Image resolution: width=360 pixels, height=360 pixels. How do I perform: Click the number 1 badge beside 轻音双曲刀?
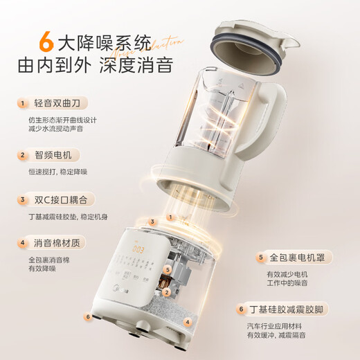[21, 103]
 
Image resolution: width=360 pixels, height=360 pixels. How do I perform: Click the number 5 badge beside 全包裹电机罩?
[261, 258]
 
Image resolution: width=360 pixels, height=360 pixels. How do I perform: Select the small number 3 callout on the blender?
[152, 222]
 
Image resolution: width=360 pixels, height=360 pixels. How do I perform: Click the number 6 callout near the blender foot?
[87, 317]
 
